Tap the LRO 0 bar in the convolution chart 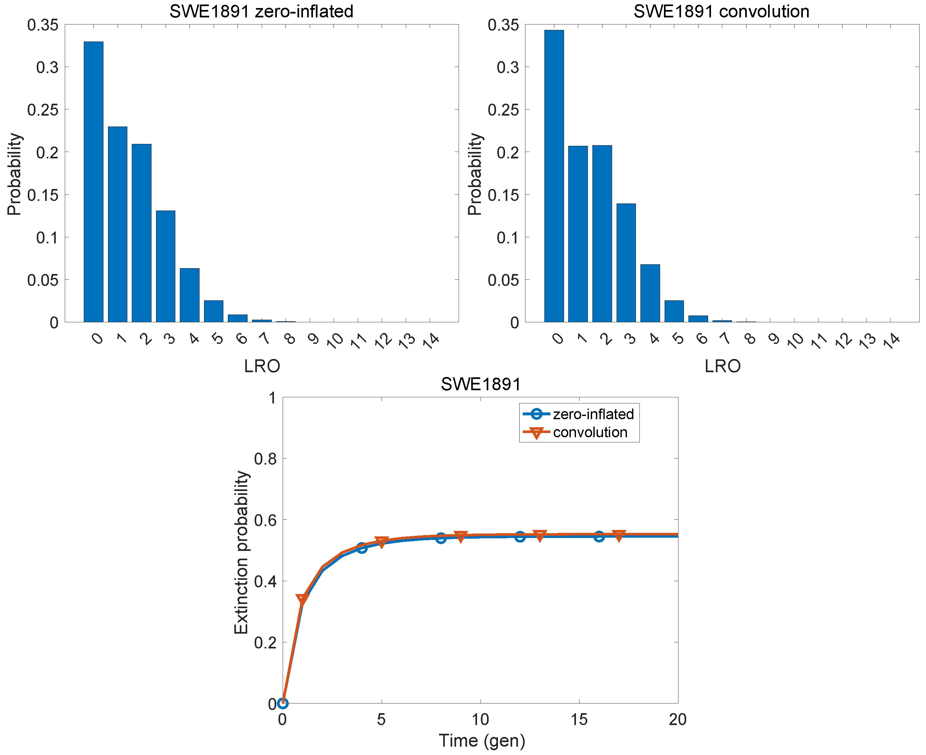coord(554,176)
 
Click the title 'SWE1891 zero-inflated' coord(261,11)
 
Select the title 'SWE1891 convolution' coord(721,11)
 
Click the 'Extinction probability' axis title coord(241,552)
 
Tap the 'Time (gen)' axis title coord(482,741)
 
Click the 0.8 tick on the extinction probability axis coord(265,459)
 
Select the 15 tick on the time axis coord(579,720)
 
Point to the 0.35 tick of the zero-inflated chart coord(43,25)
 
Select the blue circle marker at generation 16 coord(599,537)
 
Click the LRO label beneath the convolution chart coord(722,366)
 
